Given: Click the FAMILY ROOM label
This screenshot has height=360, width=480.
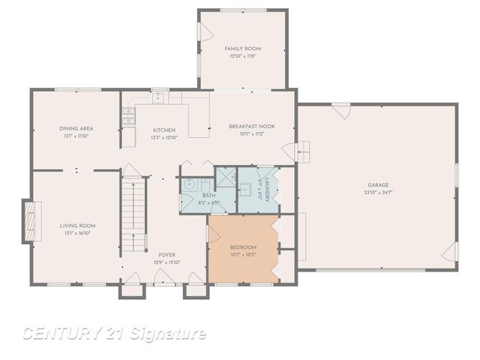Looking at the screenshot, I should pyautogui.click(x=241, y=49).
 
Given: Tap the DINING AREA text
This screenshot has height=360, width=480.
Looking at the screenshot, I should pyautogui.click(x=76, y=129).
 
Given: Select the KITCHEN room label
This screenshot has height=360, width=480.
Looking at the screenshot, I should pyautogui.click(x=164, y=130).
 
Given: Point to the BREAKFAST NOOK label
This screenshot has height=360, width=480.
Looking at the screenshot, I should pyautogui.click(x=251, y=127).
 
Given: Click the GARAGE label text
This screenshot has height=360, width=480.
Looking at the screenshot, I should pyautogui.click(x=377, y=184).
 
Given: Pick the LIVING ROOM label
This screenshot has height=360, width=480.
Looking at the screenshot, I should pyautogui.click(x=77, y=226).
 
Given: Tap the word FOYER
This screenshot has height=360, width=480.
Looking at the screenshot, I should pyautogui.click(x=166, y=255).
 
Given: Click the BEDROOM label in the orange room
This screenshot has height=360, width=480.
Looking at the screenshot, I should pyautogui.click(x=243, y=247).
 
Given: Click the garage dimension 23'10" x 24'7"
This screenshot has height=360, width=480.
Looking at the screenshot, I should pyautogui.click(x=377, y=192).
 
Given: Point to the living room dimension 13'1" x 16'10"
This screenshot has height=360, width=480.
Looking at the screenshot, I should pyautogui.click(x=77, y=233).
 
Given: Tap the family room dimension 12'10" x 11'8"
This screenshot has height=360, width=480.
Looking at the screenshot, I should pyautogui.click(x=241, y=56).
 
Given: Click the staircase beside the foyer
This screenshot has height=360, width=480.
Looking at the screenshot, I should pyautogui.click(x=132, y=214).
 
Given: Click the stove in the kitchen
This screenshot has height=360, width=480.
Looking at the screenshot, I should pyautogui.click(x=128, y=115).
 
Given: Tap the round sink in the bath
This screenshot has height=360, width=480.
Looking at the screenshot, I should pyautogui.click(x=189, y=184).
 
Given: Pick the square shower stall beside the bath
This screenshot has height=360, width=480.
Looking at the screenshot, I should pyautogui.click(x=225, y=178).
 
